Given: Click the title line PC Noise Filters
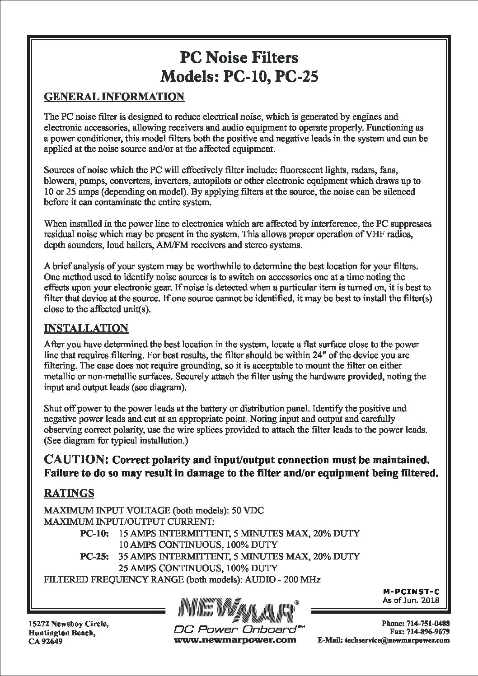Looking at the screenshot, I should pos(239,58).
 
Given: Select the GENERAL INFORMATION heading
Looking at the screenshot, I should pos(114,97).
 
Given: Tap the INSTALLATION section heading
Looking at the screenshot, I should pos(86,328).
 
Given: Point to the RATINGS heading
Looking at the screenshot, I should pos(69,493).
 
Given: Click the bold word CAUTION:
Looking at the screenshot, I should pos(75,460).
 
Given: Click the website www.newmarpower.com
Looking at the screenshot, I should pos(235,640).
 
